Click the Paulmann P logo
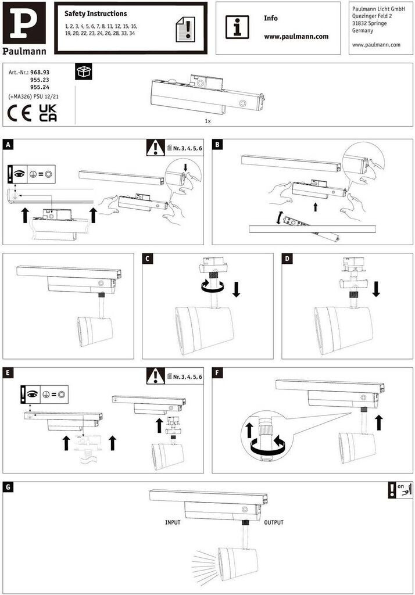click(x=24, y=23)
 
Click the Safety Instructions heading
click(x=96, y=14)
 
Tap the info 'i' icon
click(x=237, y=27)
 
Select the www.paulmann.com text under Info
click(x=296, y=37)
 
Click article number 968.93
click(x=40, y=72)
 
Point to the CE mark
click(x=19, y=113)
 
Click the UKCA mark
click(x=48, y=113)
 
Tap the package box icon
click(x=84, y=71)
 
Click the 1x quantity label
click(x=208, y=121)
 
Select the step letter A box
click(x=8, y=145)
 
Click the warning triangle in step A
click(x=156, y=148)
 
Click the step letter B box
click(x=217, y=145)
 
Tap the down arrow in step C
click(x=236, y=289)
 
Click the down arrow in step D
click(x=376, y=289)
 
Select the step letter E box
click(x=8, y=372)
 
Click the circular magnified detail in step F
click(x=267, y=436)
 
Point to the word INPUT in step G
click(x=173, y=522)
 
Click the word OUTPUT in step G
click(x=274, y=522)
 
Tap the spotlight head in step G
click(x=237, y=563)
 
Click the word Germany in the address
click(x=363, y=30)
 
